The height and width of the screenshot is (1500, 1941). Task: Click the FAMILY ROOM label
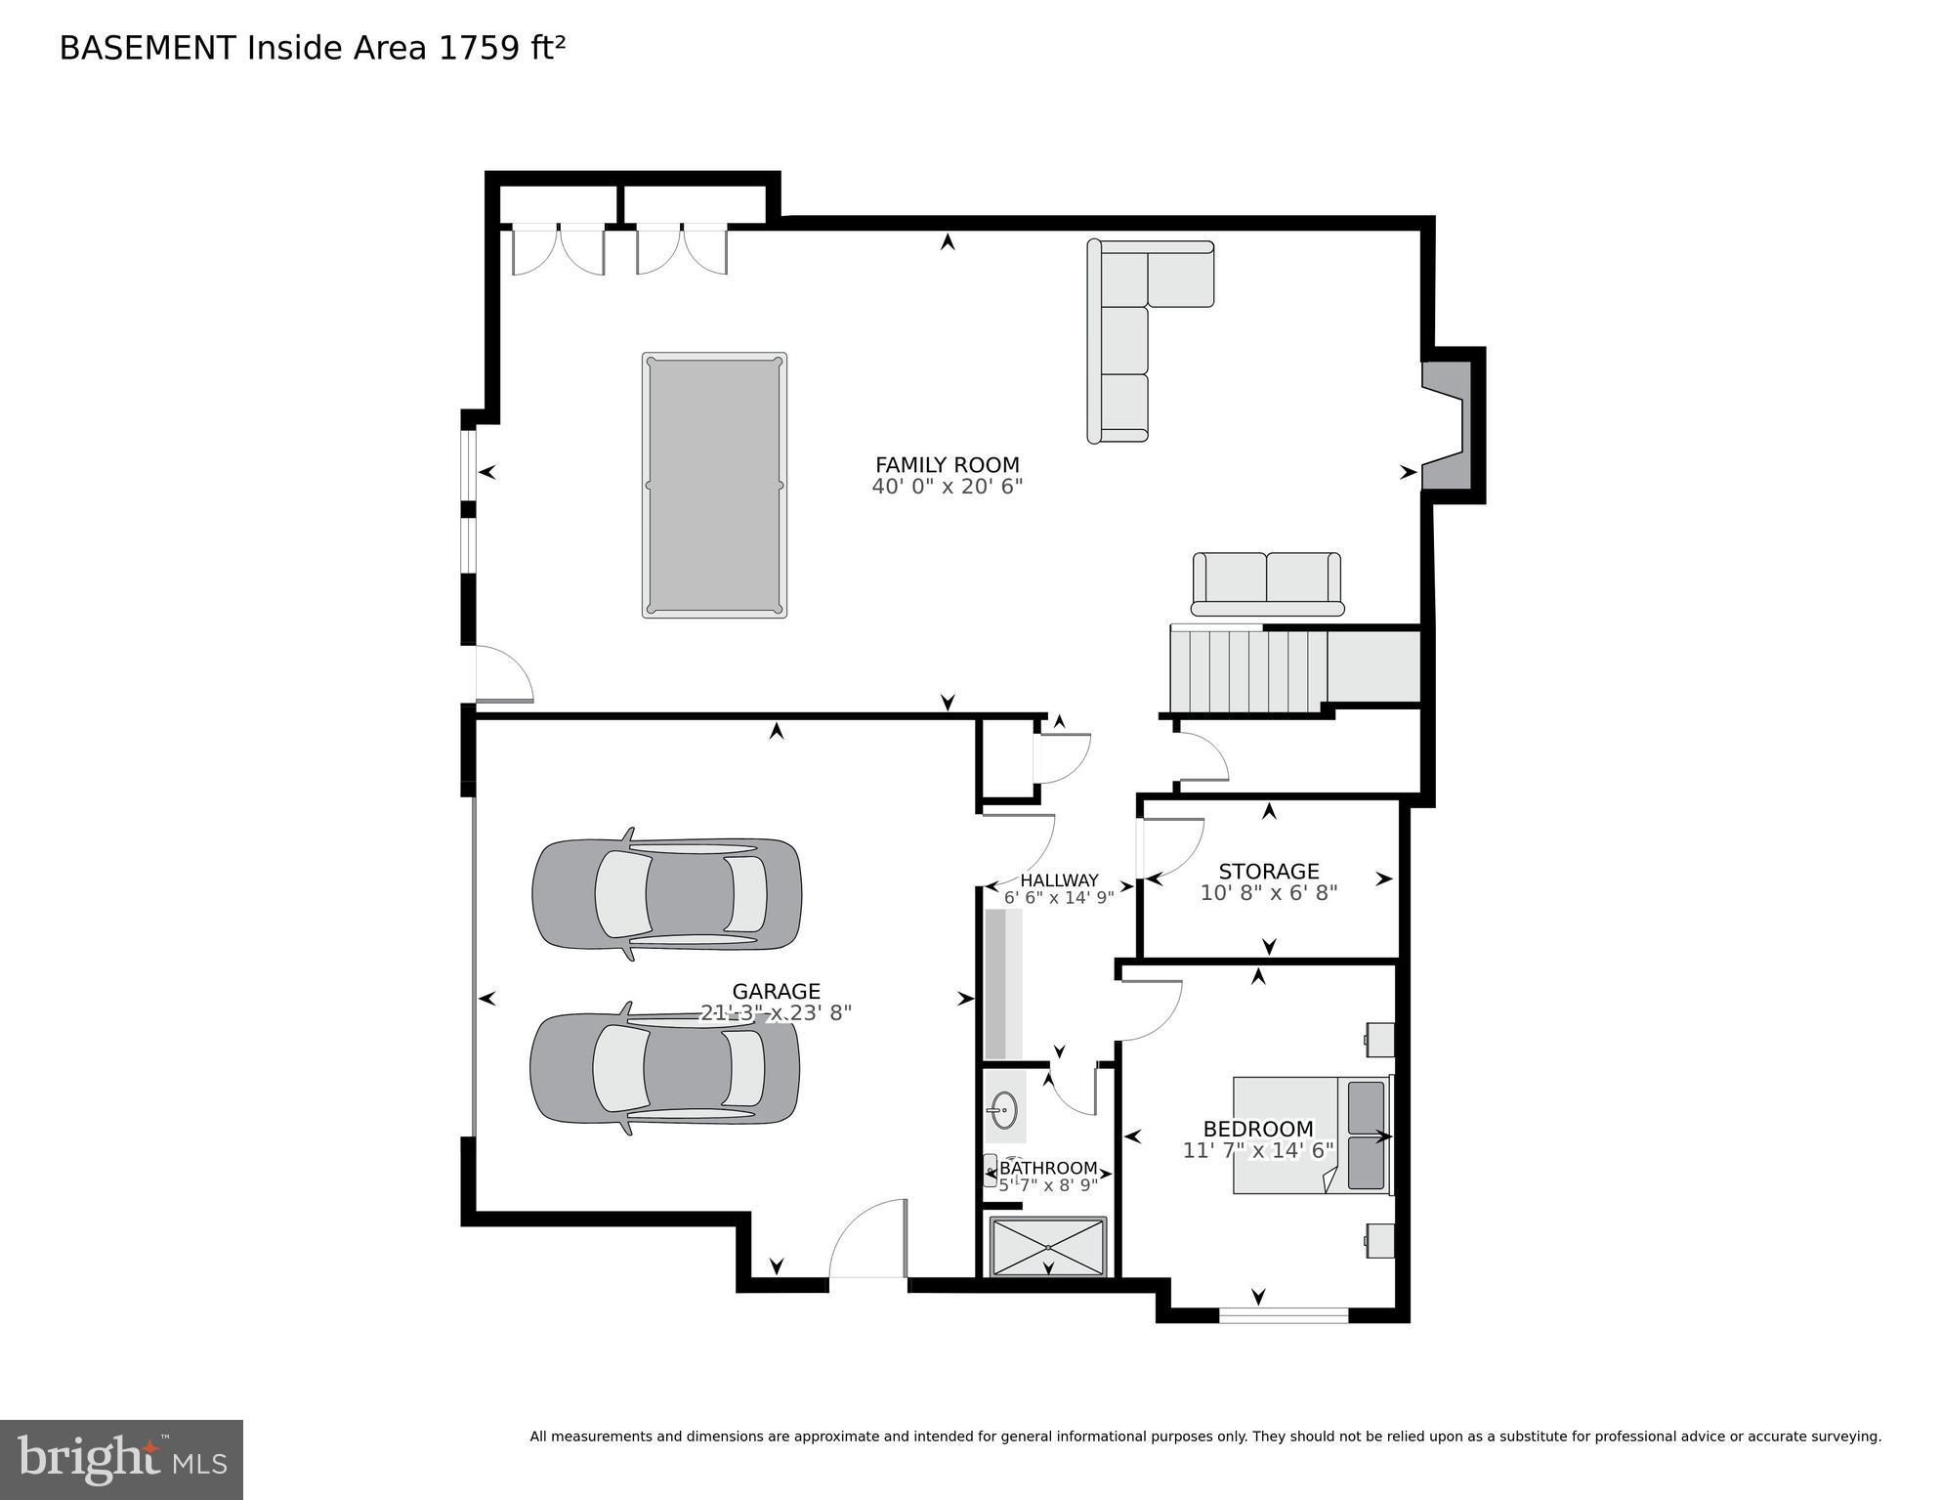[947, 465]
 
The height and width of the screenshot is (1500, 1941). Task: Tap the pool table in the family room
[714, 485]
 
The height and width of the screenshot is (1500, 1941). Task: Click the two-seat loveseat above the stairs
[1266, 581]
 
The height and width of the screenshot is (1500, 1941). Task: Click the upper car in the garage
[666, 893]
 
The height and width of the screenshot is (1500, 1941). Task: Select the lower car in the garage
[664, 1068]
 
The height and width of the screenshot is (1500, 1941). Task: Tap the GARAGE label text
[776, 992]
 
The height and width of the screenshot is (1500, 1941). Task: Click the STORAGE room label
[1268, 871]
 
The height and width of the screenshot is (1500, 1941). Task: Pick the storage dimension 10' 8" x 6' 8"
[1268, 892]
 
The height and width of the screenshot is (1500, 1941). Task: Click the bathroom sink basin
[1002, 1109]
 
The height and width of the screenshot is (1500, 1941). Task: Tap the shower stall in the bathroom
[1048, 1247]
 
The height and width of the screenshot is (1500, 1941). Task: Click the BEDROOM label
[1258, 1129]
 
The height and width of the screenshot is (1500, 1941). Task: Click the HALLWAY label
[1059, 880]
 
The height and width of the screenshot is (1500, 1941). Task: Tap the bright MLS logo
[121, 1459]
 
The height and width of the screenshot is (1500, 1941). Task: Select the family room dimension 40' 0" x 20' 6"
[947, 487]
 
